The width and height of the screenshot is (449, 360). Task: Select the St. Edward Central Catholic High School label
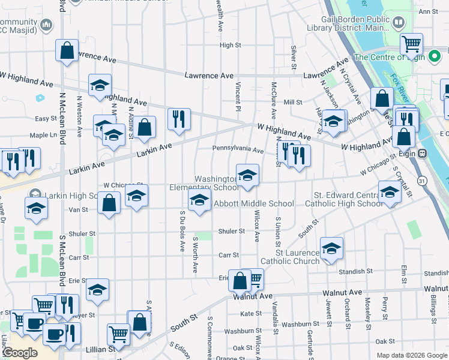point(349,199)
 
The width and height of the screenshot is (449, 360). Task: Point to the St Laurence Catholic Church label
point(290,257)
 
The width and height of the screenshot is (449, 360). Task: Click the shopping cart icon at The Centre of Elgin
point(412,43)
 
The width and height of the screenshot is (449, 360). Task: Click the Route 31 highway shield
point(423,180)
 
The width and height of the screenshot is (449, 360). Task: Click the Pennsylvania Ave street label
point(238,150)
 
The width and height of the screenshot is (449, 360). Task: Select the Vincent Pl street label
point(238,95)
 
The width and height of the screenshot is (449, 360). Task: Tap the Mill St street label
point(293,103)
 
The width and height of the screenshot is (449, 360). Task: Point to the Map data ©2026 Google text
point(411,355)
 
